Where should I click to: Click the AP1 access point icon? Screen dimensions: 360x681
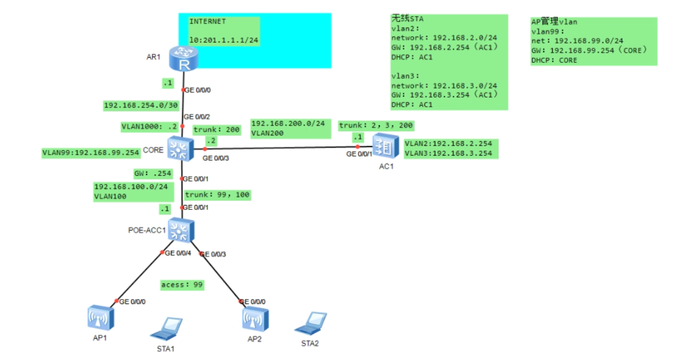101,318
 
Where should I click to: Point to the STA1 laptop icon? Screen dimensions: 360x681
167,328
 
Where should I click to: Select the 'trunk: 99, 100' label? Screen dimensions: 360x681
217,194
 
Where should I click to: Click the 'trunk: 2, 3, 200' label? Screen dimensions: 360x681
376,126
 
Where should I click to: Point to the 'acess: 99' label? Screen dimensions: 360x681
182,285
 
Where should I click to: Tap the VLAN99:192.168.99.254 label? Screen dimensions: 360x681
91,153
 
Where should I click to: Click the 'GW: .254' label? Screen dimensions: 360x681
153,173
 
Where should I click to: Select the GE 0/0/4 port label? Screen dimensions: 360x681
178,253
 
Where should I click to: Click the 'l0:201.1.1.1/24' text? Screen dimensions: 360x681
224,40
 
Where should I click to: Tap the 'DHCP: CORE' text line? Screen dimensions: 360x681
554,60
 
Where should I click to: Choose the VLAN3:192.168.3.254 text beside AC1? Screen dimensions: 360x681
448,153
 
